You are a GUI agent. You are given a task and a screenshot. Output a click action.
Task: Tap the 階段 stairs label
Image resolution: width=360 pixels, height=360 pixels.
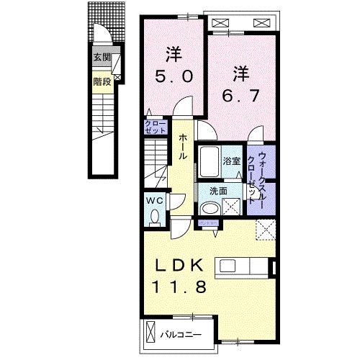tap(101, 81)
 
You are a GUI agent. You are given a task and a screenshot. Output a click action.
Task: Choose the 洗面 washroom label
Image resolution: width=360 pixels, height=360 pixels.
tap(219, 192)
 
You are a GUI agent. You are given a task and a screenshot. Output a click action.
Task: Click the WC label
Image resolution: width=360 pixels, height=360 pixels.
tap(154, 201)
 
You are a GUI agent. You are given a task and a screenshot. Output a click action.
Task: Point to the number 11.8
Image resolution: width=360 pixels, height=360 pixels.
tap(179, 287)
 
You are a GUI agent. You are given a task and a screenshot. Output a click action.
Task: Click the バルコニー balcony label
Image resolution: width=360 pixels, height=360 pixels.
tap(179, 333)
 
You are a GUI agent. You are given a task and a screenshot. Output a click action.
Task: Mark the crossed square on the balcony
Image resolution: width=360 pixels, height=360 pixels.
tap(150, 333)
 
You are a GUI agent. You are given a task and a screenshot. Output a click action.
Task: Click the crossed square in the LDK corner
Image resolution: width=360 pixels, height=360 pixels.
tap(266, 231)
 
